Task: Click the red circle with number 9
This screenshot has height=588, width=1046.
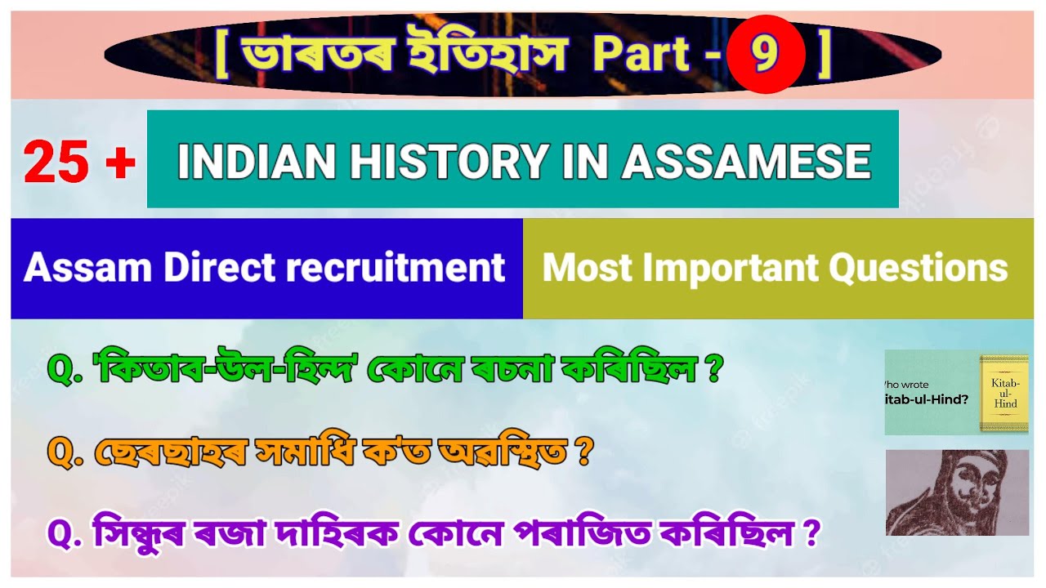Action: click(x=766, y=54)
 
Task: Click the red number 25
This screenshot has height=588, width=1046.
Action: click(x=56, y=162)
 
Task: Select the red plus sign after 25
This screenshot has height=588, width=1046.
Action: click(x=120, y=162)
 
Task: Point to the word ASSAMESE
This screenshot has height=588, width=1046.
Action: click(x=745, y=161)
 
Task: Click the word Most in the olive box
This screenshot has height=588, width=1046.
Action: click(x=581, y=268)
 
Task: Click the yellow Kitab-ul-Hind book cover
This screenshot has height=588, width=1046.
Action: click(x=1004, y=393)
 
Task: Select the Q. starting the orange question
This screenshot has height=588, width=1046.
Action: click(x=67, y=453)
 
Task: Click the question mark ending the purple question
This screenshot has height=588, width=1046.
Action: click(x=811, y=535)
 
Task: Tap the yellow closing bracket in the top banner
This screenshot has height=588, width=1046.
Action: click(x=824, y=54)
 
